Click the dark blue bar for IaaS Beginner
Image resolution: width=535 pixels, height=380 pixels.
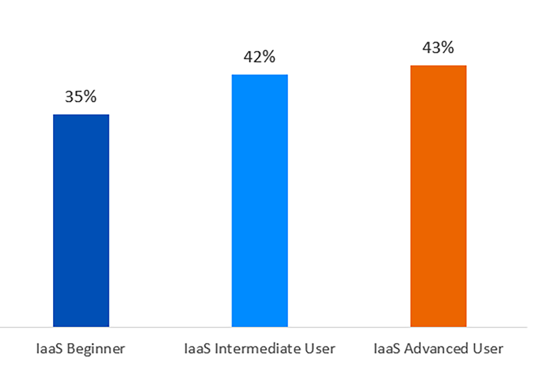click(x=81, y=221)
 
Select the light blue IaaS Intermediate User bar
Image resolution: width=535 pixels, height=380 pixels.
click(x=259, y=201)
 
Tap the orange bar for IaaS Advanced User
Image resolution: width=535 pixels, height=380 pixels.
click(x=438, y=196)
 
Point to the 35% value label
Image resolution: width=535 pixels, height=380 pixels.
click(x=81, y=97)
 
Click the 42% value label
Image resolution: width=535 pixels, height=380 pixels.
click(x=259, y=57)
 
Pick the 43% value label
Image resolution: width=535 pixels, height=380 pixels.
click(x=438, y=48)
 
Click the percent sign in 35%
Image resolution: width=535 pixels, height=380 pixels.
click(x=90, y=97)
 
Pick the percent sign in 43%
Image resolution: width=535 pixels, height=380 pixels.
click(x=447, y=48)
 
